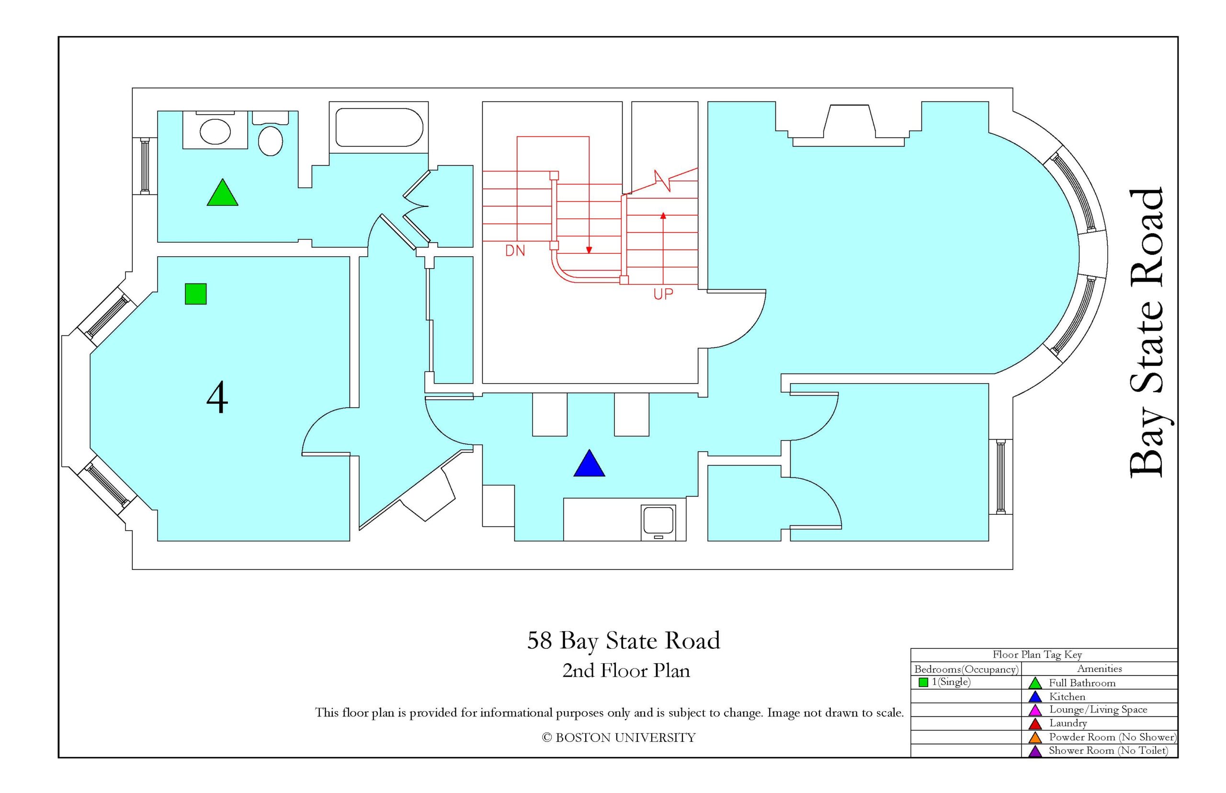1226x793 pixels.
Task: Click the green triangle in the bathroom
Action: pyautogui.click(x=222, y=193)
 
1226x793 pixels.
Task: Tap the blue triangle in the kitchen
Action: pyautogui.click(x=589, y=463)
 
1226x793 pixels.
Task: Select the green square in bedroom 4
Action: pyautogui.click(x=196, y=294)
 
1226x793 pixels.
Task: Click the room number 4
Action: pyautogui.click(x=217, y=397)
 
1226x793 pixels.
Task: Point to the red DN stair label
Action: pyautogui.click(x=515, y=251)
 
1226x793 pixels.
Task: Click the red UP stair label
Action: pyautogui.click(x=663, y=294)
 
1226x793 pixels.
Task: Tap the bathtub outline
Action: pyautogui.click(x=379, y=127)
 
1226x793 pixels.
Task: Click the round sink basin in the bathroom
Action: pyautogui.click(x=215, y=131)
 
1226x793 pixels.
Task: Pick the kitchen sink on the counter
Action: pyautogui.click(x=658, y=522)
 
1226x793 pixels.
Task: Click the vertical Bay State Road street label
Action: pyautogui.click(x=1146, y=333)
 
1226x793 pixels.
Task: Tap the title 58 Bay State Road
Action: pyautogui.click(x=624, y=641)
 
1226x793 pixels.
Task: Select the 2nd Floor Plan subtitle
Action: pyautogui.click(x=625, y=670)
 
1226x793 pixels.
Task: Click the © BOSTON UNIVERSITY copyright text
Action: pyautogui.click(x=618, y=737)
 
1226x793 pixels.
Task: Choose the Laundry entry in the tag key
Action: pyautogui.click(x=1068, y=723)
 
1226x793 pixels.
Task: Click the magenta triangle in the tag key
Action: pyautogui.click(x=1035, y=710)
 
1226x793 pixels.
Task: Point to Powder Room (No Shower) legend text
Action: pyautogui.click(x=1112, y=737)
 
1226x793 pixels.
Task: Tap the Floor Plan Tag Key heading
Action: pyautogui.click(x=1037, y=655)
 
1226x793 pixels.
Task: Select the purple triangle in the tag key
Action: pyautogui.click(x=1035, y=751)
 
